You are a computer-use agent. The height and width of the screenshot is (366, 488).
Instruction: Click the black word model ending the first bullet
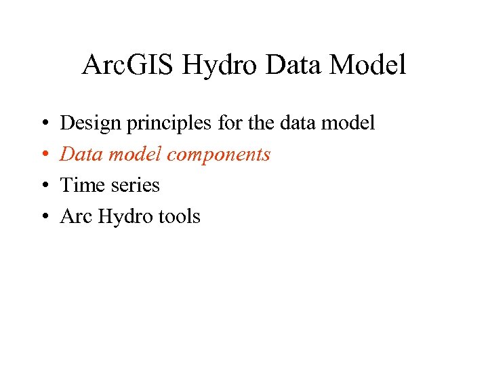coord(344,123)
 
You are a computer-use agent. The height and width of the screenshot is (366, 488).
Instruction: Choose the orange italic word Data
coord(80,155)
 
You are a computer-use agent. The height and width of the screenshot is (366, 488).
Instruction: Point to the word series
coord(134,186)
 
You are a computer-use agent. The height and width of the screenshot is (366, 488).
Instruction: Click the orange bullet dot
coord(43,155)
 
